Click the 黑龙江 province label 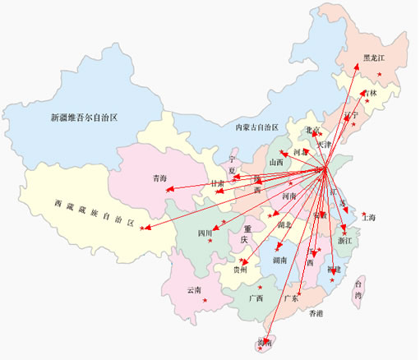pyautogui.click(x=374, y=58)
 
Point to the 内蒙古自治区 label pyautogui.click(x=256, y=128)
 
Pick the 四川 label pyautogui.click(x=205, y=233)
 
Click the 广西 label pyautogui.click(x=256, y=298)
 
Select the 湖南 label pyautogui.click(x=279, y=261)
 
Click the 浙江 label pyautogui.click(x=344, y=241)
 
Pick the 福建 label pyautogui.click(x=332, y=270)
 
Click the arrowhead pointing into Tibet pyautogui.click(x=143, y=228)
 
